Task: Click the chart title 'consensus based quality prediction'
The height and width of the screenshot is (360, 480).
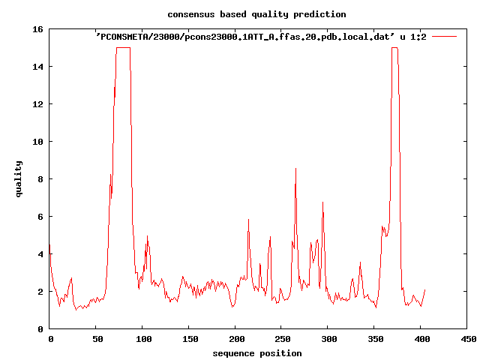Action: (x=256, y=14)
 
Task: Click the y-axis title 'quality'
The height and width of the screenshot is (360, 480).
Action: (x=19, y=179)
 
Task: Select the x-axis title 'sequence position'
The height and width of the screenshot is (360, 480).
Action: (x=257, y=353)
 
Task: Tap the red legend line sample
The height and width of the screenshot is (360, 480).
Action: (x=444, y=37)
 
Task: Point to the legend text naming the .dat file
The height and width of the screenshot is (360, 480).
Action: (x=261, y=37)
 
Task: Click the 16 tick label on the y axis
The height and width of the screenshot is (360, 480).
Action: (x=37, y=29)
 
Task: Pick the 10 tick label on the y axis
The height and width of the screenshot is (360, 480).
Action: (x=37, y=142)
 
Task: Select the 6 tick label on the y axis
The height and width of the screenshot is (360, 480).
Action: (x=40, y=217)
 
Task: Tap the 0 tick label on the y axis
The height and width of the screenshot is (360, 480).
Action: (x=40, y=329)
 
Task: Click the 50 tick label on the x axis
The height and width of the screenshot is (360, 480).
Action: (x=98, y=339)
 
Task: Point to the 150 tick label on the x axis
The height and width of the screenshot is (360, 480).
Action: (x=190, y=339)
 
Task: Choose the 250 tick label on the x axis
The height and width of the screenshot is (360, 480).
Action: (x=283, y=339)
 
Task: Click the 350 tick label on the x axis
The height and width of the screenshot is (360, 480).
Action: (x=376, y=339)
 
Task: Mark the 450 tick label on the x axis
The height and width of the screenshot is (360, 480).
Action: (x=468, y=339)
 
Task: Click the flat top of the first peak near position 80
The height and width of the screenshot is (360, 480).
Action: (x=123, y=48)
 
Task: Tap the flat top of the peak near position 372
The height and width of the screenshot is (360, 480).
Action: (x=394, y=48)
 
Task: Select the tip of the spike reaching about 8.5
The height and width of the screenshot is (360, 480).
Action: (x=295, y=168)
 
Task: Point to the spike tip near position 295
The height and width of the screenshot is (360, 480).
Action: (x=322, y=202)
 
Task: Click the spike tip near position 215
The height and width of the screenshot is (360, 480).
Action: (x=248, y=220)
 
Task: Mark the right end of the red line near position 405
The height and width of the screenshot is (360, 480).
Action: (x=425, y=289)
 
